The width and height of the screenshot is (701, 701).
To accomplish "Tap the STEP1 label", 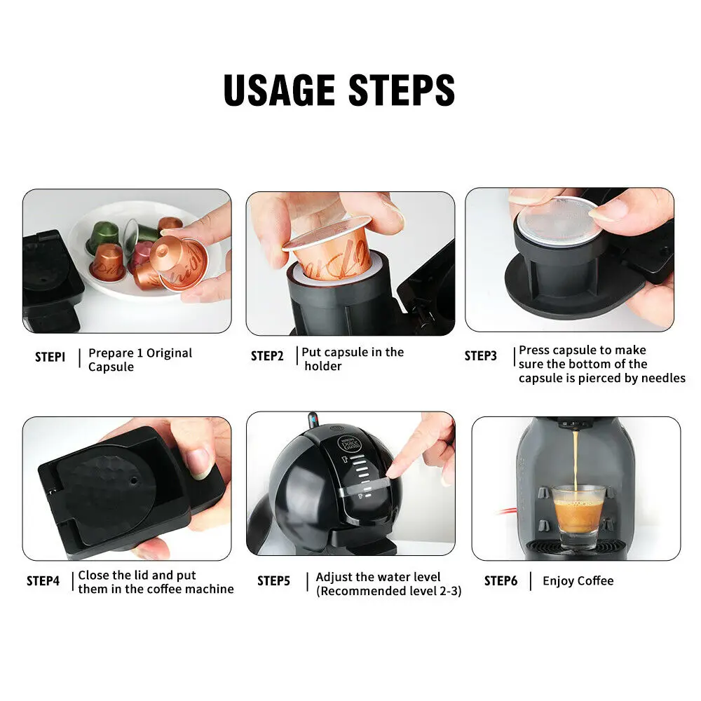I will (x=50, y=357).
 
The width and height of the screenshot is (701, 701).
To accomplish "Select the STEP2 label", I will (x=267, y=356).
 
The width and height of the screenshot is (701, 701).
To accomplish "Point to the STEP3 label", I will (x=480, y=356).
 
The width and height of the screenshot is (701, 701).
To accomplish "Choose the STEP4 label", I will (x=43, y=581).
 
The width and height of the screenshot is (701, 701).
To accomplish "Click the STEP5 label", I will (x=273, y=581).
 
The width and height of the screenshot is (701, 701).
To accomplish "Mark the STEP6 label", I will (x=501, y=581).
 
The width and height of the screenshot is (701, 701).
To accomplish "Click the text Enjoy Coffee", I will (x=578, y=581).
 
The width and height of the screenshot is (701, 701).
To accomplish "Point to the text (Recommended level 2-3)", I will (x=388, y=591).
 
